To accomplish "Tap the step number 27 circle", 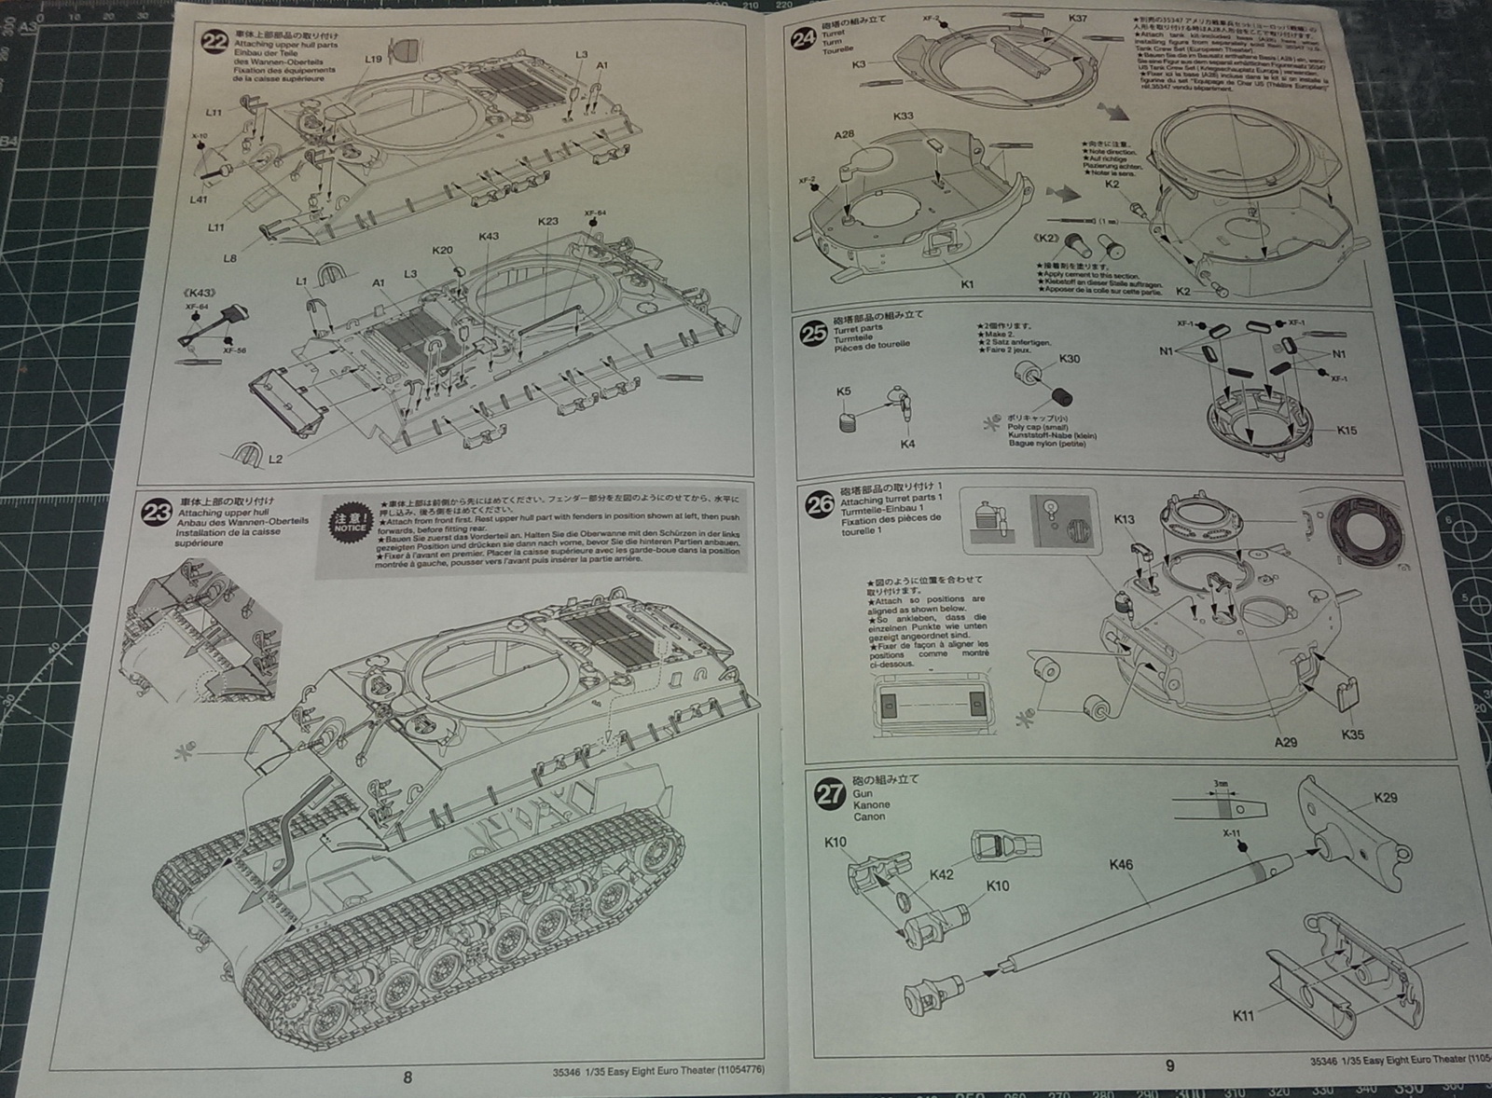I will pyautogui.click(x=829, y=794).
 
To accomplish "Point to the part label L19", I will pyautogui.click(x=373, y=59).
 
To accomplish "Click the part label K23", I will pyautogui.click(x=547, y=222).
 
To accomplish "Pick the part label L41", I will pyautogui.click(x=198, y=199).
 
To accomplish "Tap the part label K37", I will pyautogui.click(x=1077, y=18).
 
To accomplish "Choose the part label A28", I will pyautogui.click(x=844, y=134).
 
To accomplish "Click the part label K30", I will pyautogui.click(x=1070, y=359).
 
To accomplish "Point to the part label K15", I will pyautogui.click(x=1347, y=431).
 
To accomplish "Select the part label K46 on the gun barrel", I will pyautogui.click(x=1121, y=865).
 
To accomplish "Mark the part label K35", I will pyautogui.click(x=1352, y=734).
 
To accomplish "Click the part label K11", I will pyautogui.click(x=1243, y=1016).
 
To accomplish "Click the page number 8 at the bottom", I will pyautogui.click(x=407, y=1077).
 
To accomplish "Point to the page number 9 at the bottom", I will pyautogui.click(x=1170, y=1066).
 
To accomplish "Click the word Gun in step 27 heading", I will pyautogui.click(x=863, y=793).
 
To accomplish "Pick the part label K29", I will pyautogui.click(x=1386, y=799).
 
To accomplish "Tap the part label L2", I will pyautogui.click(x=275, y=460).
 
